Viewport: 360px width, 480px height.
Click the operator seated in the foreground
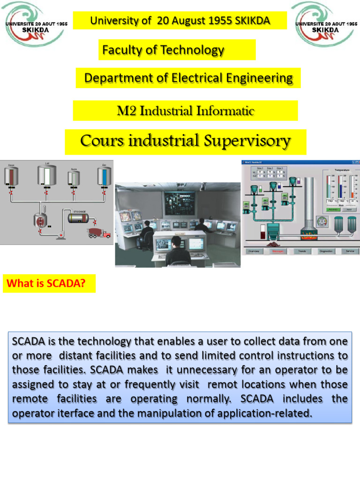pos(177,252)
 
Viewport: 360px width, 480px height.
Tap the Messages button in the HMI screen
pos(277,251)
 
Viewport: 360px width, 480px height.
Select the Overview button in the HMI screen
pos(254,251)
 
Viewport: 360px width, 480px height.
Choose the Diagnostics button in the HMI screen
pos(326,251)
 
